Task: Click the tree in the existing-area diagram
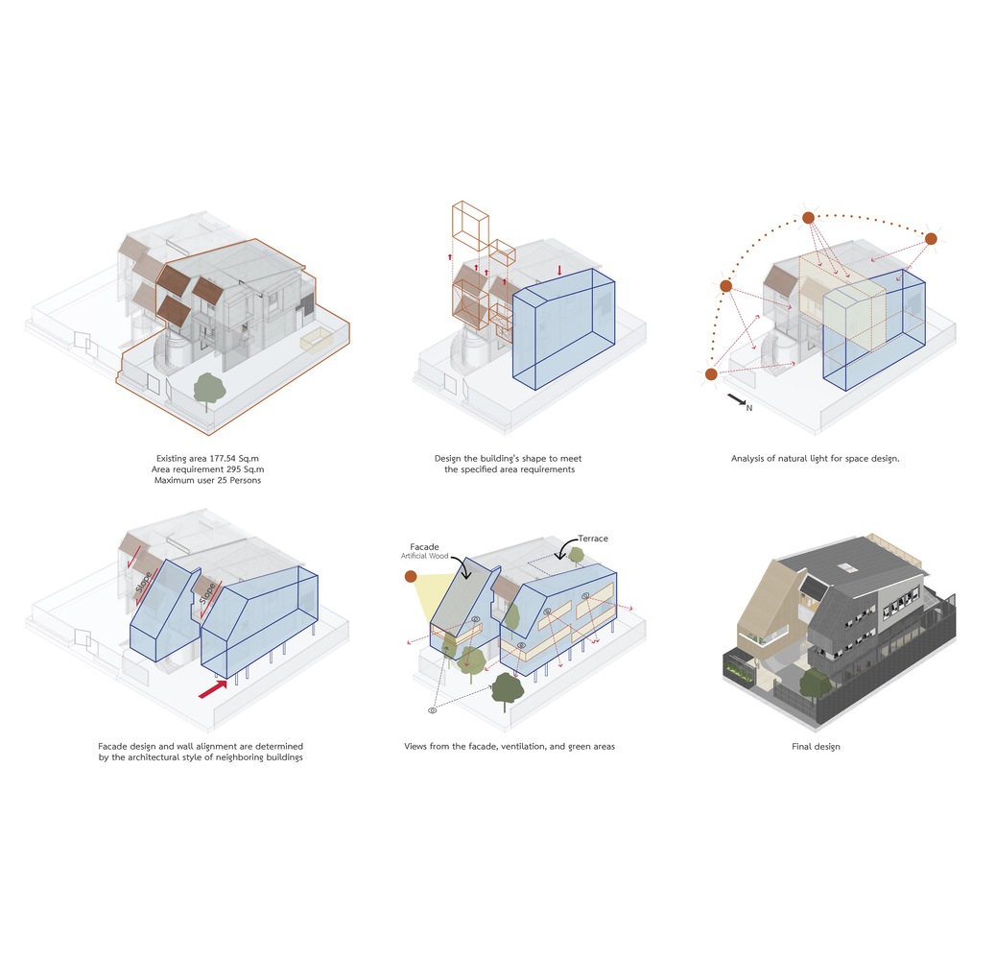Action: [x=209, y=389]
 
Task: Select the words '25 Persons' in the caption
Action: [x=235, y=480]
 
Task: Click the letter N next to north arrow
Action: [x=749, y=408]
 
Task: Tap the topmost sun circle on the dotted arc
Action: [x=809, y=218]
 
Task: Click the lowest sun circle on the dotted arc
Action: [x=711, y=374]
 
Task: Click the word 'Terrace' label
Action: [x=593, y=540]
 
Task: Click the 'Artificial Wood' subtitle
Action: [x=427, y=556]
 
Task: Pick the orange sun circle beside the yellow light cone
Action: [x=411, y=577]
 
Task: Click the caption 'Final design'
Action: [x=813, y=746]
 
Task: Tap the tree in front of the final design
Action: [x=815, y=684]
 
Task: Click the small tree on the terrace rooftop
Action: [x=576, y=555]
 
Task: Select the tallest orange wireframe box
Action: [x=469, y=230]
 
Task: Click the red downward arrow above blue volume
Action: [x=559, y=271]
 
